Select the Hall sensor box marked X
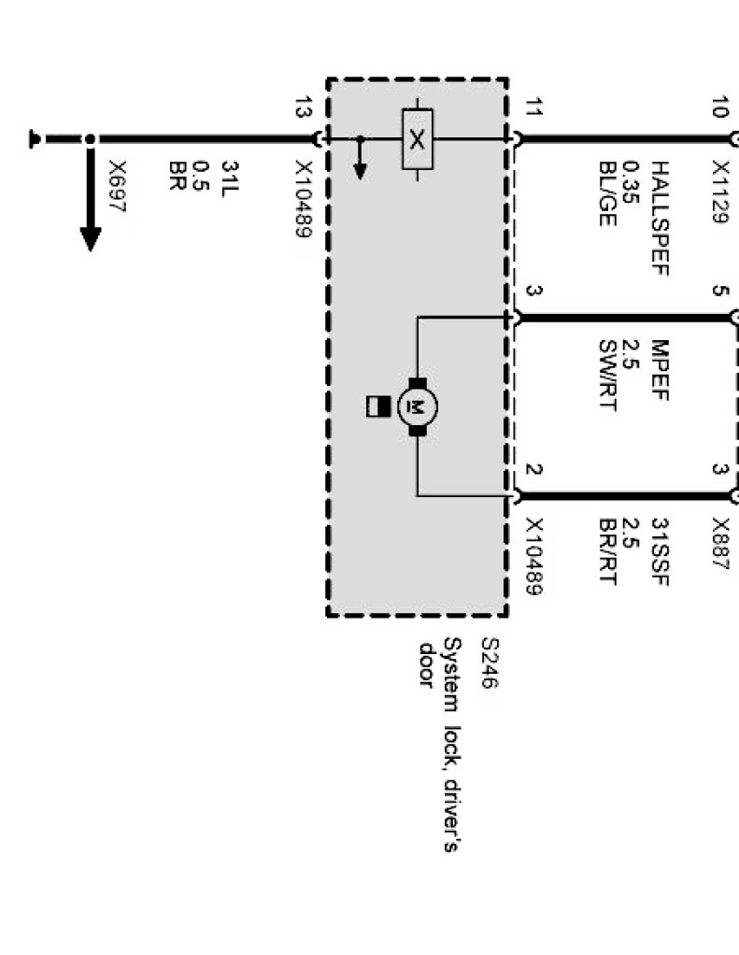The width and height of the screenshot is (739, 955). pos(417,139)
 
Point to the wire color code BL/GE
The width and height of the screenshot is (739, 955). pos(607,191)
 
